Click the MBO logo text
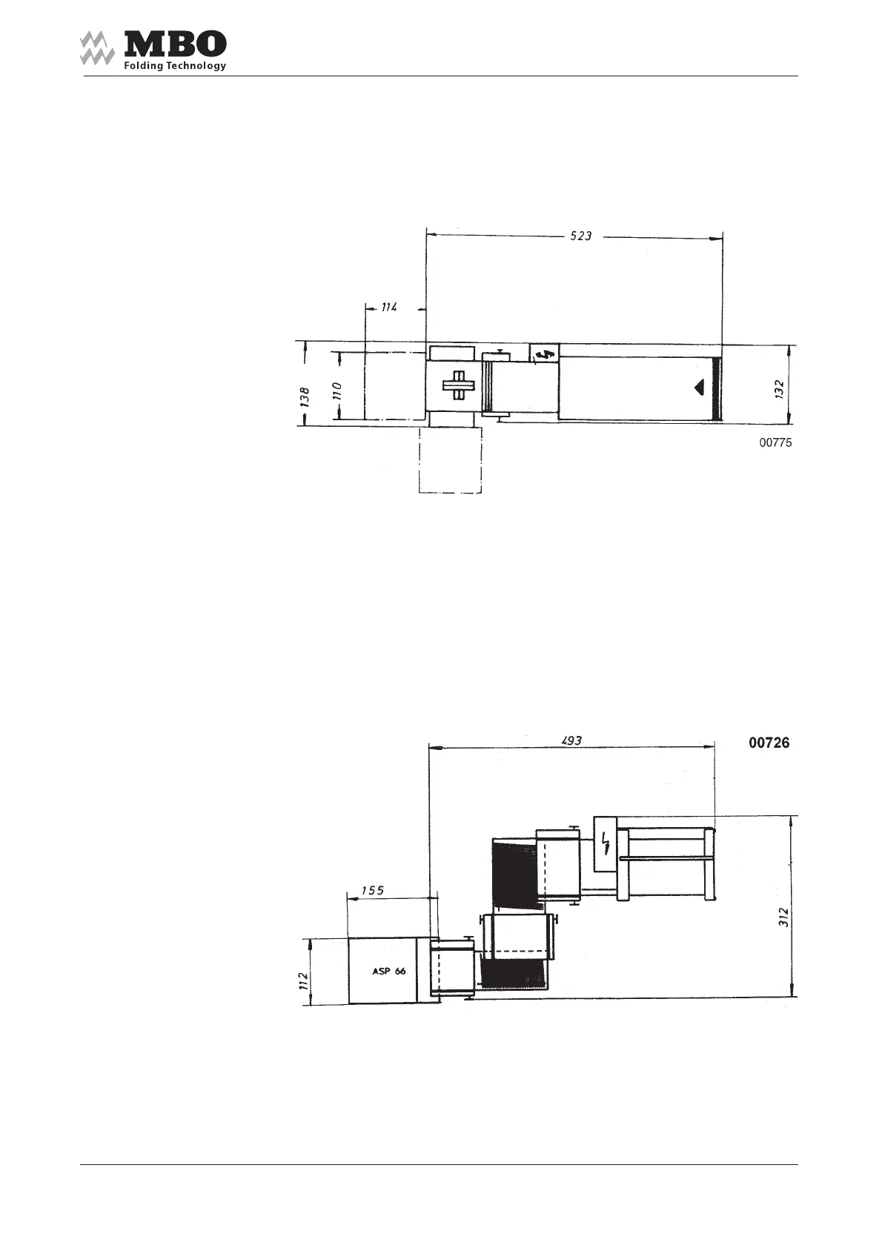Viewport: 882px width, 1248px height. [175, 44]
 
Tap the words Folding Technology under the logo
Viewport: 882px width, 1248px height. [175, 66]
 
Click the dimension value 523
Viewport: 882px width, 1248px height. [580, 236]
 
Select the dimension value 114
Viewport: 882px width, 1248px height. [389, 307]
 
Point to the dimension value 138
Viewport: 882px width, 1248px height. [305, 397]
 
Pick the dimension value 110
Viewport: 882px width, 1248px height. [337, 392]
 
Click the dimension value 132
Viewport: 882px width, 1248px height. [780, 389]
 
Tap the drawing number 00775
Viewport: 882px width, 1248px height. [775, 442]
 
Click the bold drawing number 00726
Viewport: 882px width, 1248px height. [769, 743]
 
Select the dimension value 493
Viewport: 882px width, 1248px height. [571, 740]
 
